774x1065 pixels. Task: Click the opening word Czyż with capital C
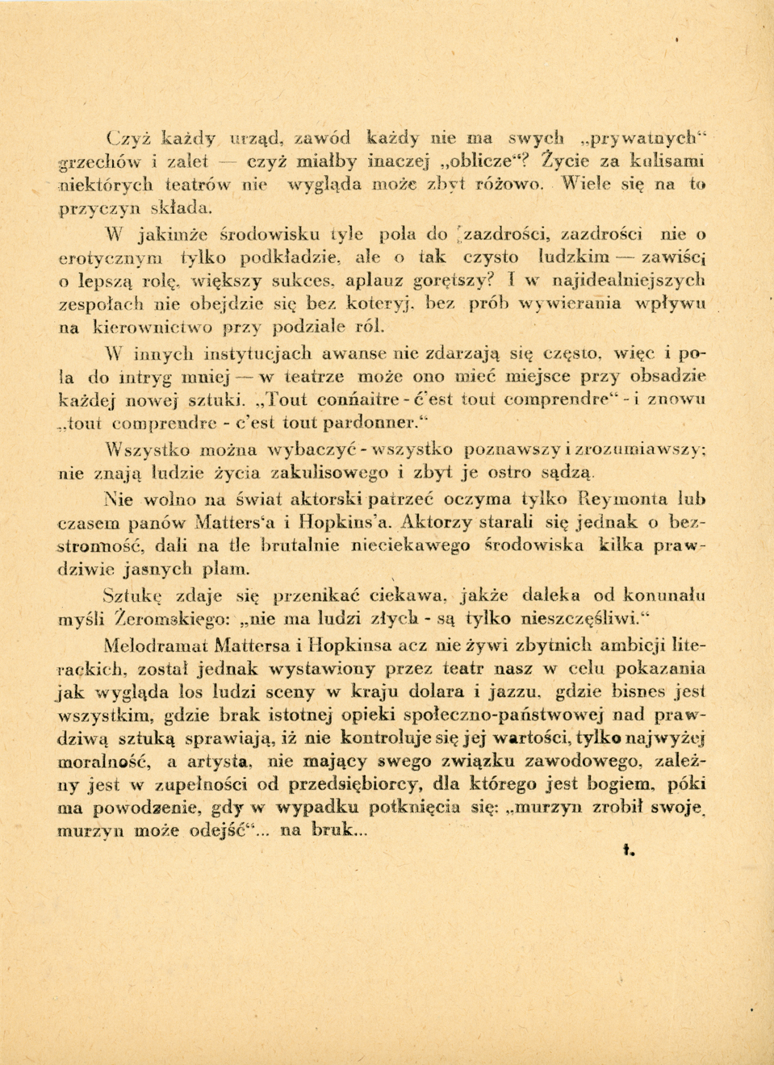point(129,136)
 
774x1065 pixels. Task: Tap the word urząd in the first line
point(258,137)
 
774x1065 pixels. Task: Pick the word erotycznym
point(111,258)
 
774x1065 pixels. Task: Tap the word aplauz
point(375,281)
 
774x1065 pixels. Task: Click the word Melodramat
point(155,645)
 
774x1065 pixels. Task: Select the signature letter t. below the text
point(630,849)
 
